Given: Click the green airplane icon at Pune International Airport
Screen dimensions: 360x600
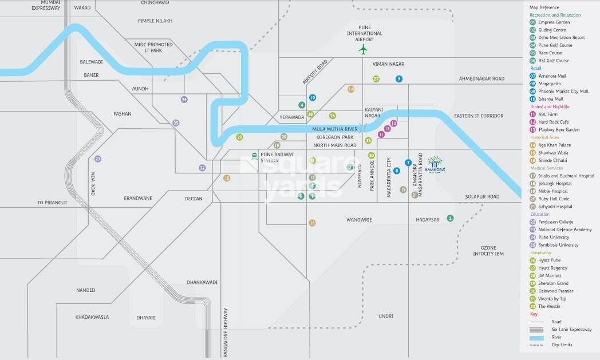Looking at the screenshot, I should [362, 49].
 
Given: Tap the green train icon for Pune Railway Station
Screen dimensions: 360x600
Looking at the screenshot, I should [254, 156].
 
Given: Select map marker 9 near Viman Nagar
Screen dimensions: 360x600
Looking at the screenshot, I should [398, 79].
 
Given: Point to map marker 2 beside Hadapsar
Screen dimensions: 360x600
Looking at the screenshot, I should [451, 218].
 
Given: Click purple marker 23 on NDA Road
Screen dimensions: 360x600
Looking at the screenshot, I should [98, 159].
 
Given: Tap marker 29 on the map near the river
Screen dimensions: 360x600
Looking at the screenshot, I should [239, 137].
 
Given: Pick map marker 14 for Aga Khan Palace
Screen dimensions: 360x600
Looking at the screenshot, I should [351, 89].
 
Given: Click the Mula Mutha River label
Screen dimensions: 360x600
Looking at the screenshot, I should [334, 129].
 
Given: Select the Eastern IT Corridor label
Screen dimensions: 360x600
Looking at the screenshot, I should [479, 116].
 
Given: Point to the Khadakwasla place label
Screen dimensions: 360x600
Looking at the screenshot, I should [92, 317].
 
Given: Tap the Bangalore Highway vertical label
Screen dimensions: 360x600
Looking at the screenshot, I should [226, 332].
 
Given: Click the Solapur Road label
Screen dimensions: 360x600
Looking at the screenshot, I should [481, 197].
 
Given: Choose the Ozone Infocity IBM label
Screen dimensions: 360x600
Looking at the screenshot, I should [488, 251].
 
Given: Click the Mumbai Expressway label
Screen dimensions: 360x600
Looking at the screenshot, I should [46, 5].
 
